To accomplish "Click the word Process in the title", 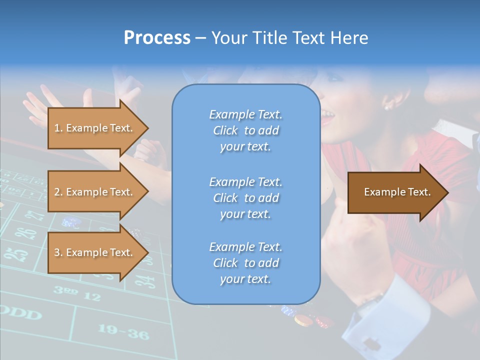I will [157, 38].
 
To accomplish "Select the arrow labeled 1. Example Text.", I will [93, 128].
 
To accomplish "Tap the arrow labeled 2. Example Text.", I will [93, 192].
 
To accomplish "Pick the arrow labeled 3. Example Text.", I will [93, 252].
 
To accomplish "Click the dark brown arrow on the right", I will [397, 192].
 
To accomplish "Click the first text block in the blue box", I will [245, 130].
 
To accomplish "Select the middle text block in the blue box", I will [245, 198].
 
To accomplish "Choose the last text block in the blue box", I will [245, 263].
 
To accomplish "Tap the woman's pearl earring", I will [386, 106].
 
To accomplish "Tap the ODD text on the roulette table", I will [20, 314].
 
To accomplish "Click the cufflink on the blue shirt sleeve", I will [371, 344].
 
